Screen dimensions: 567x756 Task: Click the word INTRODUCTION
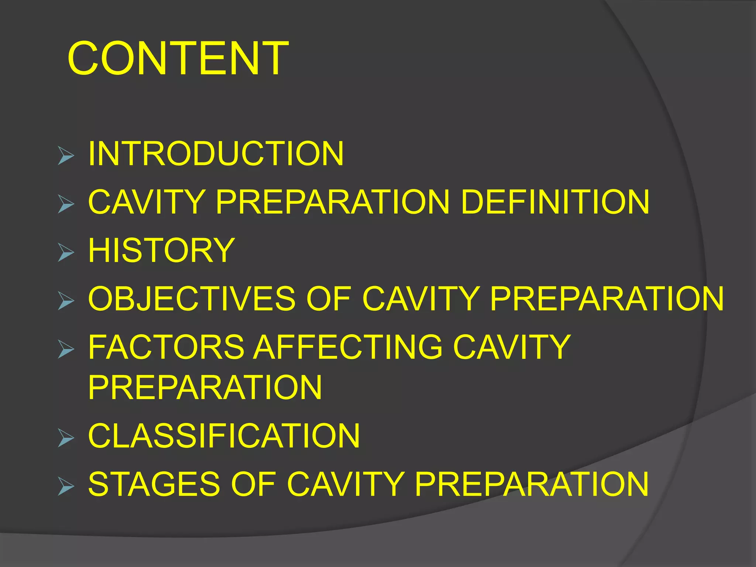216,154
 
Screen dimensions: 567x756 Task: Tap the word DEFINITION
555,202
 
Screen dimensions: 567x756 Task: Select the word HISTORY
161,251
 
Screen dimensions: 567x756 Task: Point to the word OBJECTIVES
192,299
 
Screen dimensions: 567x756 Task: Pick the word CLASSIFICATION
224,436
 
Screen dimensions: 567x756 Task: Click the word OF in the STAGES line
253,484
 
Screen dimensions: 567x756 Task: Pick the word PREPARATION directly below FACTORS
205,387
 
